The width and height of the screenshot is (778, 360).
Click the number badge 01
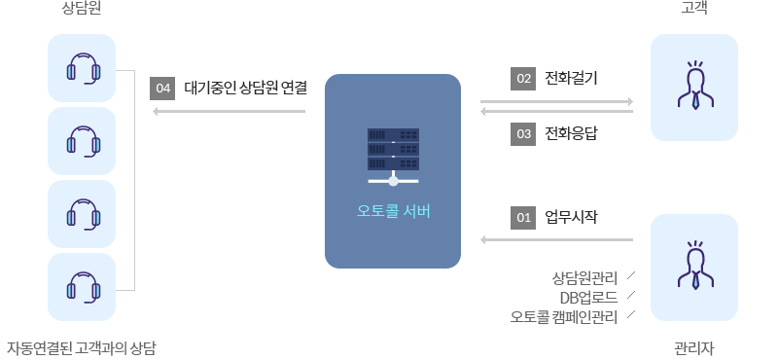(523, 217)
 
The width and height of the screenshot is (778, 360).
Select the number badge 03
(523, 134)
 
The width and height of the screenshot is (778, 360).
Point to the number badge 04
(162, 89)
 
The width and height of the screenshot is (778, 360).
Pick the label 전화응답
(571, 134)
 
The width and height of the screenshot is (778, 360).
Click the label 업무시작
(571, 217)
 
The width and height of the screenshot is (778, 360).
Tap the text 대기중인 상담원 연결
(245, 89)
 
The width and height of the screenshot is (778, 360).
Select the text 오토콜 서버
(393, 211)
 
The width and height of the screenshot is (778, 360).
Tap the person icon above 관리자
(693, 267)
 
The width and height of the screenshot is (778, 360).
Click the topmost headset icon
(82, 68)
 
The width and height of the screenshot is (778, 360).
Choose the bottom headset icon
(82, 288)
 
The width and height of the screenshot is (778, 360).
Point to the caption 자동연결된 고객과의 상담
(82, 347)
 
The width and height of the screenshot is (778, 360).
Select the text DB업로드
(588, 297)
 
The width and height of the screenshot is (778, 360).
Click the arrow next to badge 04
(230, 111)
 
